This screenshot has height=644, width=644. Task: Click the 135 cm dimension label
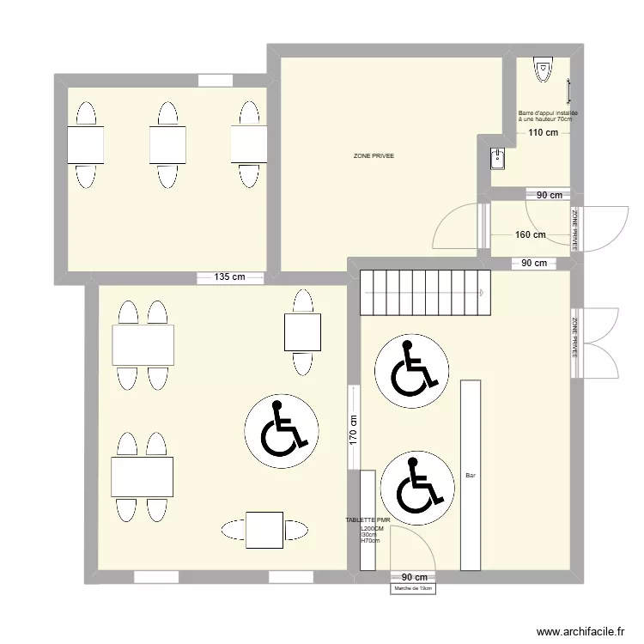(x=229, y=276)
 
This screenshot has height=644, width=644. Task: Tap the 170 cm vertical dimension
(x=353, y=429)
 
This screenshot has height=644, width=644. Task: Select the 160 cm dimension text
(x=531, y=234)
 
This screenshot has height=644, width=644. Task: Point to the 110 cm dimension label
(x=543, y=132)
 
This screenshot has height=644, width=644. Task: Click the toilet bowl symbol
(x=543, y=69)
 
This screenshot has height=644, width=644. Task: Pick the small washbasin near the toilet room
(x=497, y=159)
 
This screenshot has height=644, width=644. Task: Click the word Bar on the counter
(x=471, y=475)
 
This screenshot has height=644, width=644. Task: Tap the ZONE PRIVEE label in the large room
(x=374, y=155)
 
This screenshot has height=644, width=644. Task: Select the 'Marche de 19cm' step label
(x=413, y=588)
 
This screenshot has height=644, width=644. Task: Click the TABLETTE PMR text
(x=368, y=520)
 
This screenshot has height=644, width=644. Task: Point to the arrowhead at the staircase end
(x=482, y=293)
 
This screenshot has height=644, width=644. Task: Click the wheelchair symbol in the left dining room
(x=282, y=431)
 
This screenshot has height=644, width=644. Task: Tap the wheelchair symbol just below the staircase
(x=411, y=371)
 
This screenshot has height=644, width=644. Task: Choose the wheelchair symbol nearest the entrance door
(x=417, y=488)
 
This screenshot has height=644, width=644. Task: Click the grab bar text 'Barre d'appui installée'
(x=548, y=113)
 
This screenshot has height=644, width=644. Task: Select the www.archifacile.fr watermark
(x=580, y=631)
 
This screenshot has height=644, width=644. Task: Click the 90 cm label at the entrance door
(x=415, y=578)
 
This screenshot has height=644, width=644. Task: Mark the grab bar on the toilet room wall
(x=568, y=91)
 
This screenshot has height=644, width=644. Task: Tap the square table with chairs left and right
(x=264, y=530)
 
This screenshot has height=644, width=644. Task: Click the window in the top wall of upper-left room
(x=216, y=81)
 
